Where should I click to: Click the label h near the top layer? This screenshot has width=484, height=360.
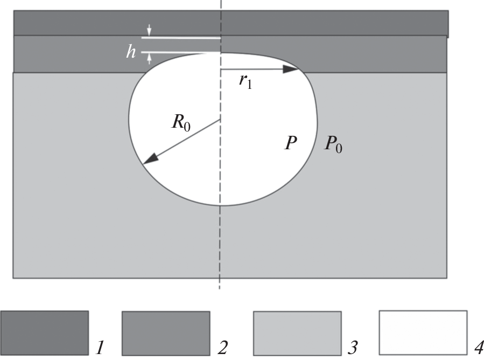click(131, 51)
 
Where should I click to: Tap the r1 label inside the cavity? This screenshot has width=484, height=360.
click(245, 81)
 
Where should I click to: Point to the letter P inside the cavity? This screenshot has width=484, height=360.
click(291, 143)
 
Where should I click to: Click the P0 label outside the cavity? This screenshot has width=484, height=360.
click(333, 144)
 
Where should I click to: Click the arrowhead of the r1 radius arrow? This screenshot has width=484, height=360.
click(291, 69)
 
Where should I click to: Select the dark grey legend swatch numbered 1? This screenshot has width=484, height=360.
click(45, 333)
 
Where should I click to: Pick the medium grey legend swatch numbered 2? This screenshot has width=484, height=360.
click(166, 333)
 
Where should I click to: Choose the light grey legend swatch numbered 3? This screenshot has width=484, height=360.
click(297, 333)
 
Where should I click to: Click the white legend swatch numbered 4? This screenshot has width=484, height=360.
click(423, 333)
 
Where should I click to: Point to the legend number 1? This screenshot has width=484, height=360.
click(100, 348)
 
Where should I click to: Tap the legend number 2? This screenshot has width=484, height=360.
click(222, 348)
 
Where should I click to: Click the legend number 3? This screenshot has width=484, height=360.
click(353, 348)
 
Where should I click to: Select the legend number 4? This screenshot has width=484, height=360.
click(479, 348)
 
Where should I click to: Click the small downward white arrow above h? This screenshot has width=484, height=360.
click(149, 30)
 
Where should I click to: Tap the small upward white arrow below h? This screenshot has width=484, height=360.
click(149, 58)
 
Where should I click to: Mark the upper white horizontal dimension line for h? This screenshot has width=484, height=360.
click(181, 38)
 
